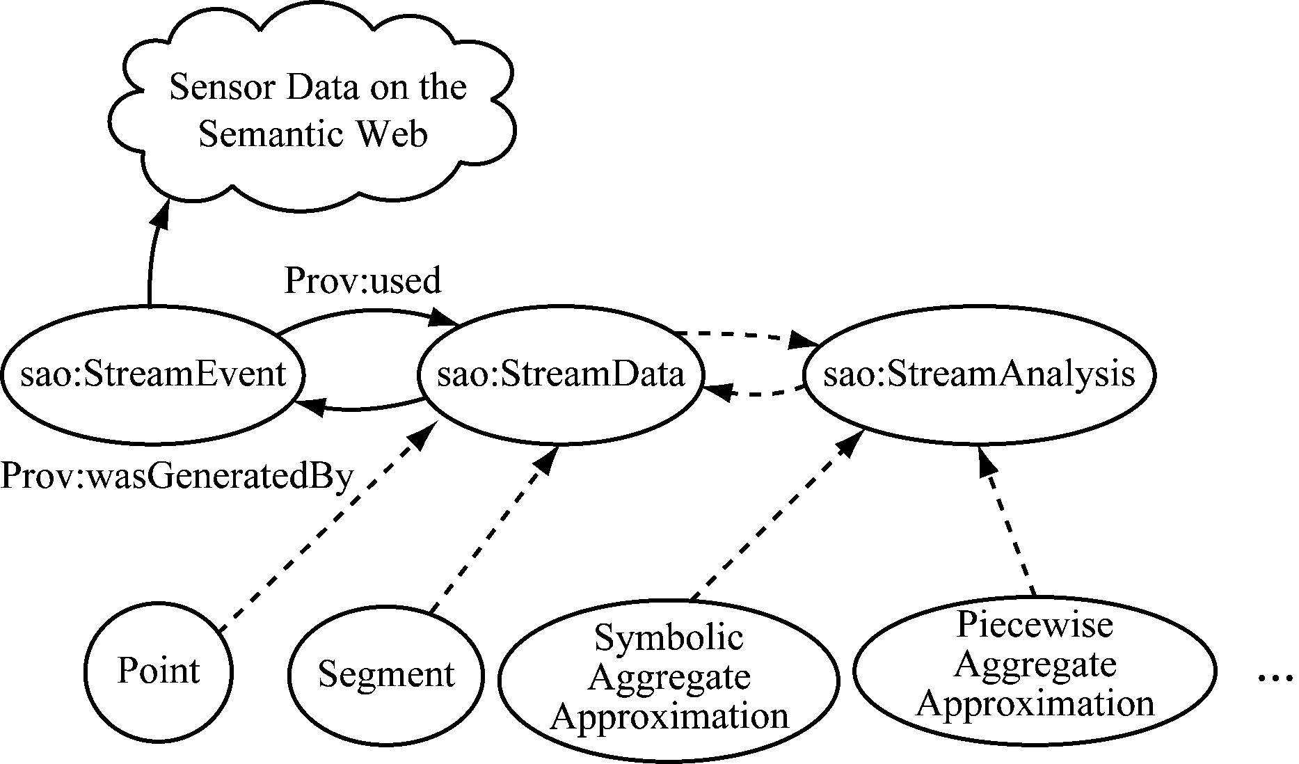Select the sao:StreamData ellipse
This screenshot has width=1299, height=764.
coord(561,375)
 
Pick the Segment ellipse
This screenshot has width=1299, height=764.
coord(386,674)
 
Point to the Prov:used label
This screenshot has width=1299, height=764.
coord(362,280)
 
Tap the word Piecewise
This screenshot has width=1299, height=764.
coord(1035,625)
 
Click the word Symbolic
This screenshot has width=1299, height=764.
coord(669,637)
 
